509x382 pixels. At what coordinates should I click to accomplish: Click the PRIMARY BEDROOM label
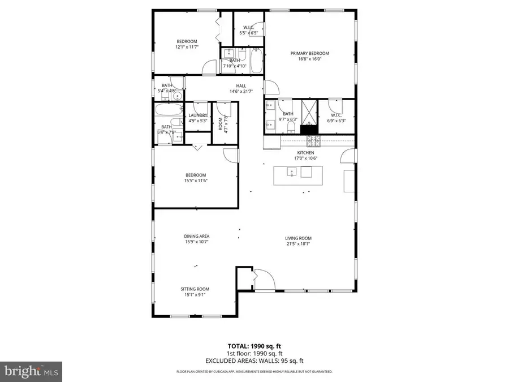tap(309, 53)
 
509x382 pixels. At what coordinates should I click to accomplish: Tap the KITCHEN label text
tap(305, 152)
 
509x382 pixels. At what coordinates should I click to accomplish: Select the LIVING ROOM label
tap(298, 238)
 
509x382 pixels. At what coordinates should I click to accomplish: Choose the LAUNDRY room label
tap(198, 115)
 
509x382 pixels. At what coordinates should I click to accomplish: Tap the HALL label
tap(241, 86)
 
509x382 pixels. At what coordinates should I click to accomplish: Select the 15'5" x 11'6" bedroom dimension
tap(196, 181)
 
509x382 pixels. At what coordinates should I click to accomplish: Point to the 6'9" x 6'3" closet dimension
tap(337, 121)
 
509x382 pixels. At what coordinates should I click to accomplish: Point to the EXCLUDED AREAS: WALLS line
tap(254, 359)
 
